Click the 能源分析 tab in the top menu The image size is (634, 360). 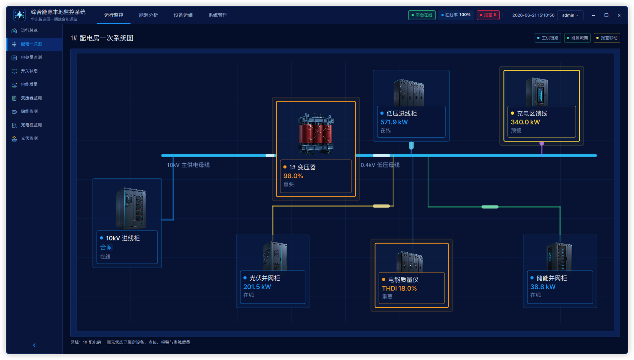click(x=148, y=15)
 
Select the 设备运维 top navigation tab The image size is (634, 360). click(x=183, y=15)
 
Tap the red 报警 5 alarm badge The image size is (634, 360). click(x=488, y=15)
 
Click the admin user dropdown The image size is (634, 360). click(x=570, y=15)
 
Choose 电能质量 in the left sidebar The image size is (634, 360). click(x=29, y=84)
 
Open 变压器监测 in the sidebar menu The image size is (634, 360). click(x=31, y=98)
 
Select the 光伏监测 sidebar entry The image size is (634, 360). click(x=29, y=138)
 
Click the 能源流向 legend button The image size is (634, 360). click(x=577, y=38)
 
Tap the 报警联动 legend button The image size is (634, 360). click(x=607, y=38)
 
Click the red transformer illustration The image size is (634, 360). click(x=316, y=134)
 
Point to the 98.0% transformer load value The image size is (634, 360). click(x=293, y=176)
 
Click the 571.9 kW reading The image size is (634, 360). click(x=394, y=122)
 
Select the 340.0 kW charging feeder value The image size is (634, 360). click(x=525, y=122)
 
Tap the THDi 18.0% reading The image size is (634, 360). click(x=399, y=288)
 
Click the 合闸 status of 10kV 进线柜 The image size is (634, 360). click(x=106, y=248)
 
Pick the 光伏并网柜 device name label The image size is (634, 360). click(x=264, y=278)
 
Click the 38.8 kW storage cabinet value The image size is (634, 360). click(x=543, y=287)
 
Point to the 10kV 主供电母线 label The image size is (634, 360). click(x=188, y=165)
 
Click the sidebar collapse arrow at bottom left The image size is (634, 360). click(x=34, y=345)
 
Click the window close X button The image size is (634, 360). click(x=619, y=15)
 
